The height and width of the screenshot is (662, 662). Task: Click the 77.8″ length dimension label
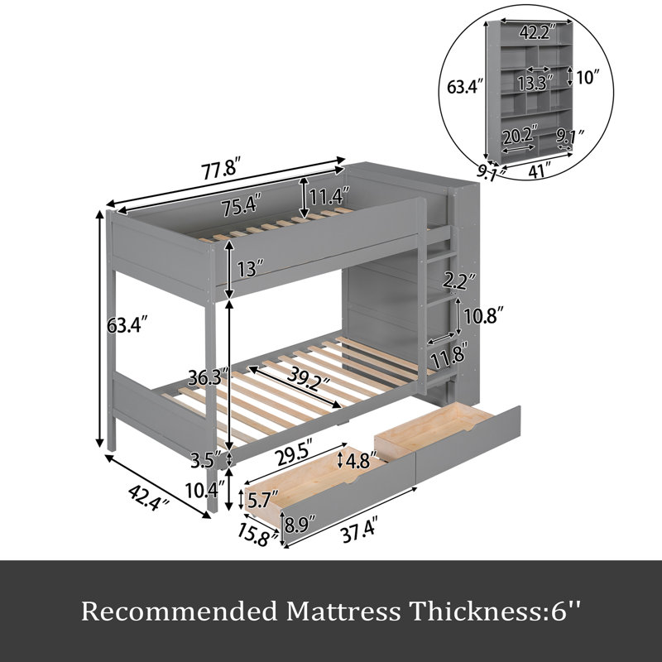(x=221, y=170)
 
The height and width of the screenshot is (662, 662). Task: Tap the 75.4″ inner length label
(x=241, y=206)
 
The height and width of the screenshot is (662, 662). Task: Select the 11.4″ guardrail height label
(x=329, y=196)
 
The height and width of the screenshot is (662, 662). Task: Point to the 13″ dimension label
(x=251, y=269)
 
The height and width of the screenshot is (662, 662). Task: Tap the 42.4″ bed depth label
(x=149, y=497)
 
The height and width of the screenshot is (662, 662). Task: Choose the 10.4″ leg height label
(x=204, y=490)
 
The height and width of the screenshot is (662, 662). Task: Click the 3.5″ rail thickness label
(x=206, y=460)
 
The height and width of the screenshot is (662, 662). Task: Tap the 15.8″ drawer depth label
(x=258, y=535)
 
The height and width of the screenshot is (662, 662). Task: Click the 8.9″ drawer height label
(x=300, y=525)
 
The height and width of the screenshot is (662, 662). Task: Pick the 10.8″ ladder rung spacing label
(x=483, y=316)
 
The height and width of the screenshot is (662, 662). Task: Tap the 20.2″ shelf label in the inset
(x=520, y=136)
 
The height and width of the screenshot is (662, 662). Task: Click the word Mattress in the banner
(x=343, y=611)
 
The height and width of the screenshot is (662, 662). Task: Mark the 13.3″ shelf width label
(x=535, y=84)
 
